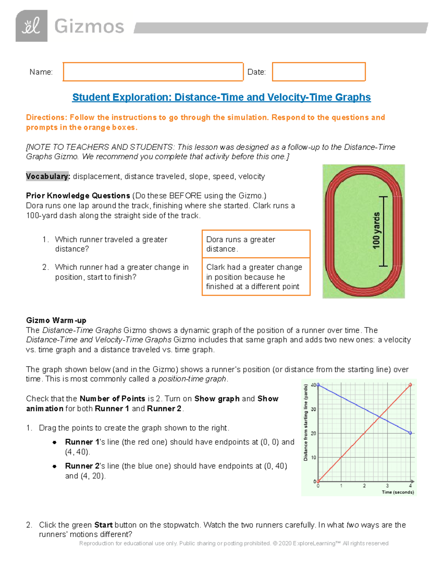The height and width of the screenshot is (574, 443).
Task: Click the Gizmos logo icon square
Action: coord(31,26)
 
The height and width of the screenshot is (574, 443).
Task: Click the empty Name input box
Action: coord(153,72)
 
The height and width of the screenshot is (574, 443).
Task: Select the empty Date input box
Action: coord(319,72)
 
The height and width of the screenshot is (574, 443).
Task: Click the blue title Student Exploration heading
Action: coord(221,97)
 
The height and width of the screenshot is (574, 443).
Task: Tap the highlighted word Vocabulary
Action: coord(48,176)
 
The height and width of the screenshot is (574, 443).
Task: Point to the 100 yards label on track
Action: coord(376,231)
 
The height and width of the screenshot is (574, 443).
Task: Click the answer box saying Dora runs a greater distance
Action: coord(256,244)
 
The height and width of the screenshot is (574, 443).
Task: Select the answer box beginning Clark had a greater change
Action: coord(256,277)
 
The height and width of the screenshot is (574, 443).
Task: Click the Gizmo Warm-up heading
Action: coord(56,320)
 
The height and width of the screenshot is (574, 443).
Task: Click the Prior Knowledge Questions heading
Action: coord(78,196)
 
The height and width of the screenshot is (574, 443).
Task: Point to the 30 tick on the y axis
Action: coord(313,409)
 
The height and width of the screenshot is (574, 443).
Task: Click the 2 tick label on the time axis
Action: coord(364,486)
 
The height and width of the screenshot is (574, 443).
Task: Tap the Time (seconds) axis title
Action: coord(398,492)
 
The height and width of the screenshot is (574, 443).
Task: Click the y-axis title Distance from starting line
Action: coord(306,422)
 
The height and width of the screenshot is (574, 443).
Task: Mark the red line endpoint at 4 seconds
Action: coord(410,385)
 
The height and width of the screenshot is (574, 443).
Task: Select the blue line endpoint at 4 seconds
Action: coord(410,433)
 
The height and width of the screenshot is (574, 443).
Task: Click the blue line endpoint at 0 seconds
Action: coord(318,385)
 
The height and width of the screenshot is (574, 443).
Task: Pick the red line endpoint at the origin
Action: coord(318,481)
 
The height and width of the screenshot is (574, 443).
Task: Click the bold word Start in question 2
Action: coord(103,525)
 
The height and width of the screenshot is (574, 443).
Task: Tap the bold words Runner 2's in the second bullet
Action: coord(82,466)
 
